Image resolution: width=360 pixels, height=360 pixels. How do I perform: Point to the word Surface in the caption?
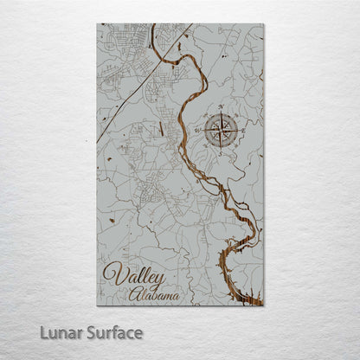(112, 332)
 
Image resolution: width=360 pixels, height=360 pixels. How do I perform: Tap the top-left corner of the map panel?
(97, 25)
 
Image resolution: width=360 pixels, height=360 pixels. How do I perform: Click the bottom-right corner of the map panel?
(262, 305)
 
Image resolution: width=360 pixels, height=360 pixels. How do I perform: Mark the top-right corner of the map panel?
(262, 25)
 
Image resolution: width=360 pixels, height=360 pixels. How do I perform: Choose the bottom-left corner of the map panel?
(97, 305)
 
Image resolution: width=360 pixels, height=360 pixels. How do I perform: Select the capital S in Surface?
(91, 332)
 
